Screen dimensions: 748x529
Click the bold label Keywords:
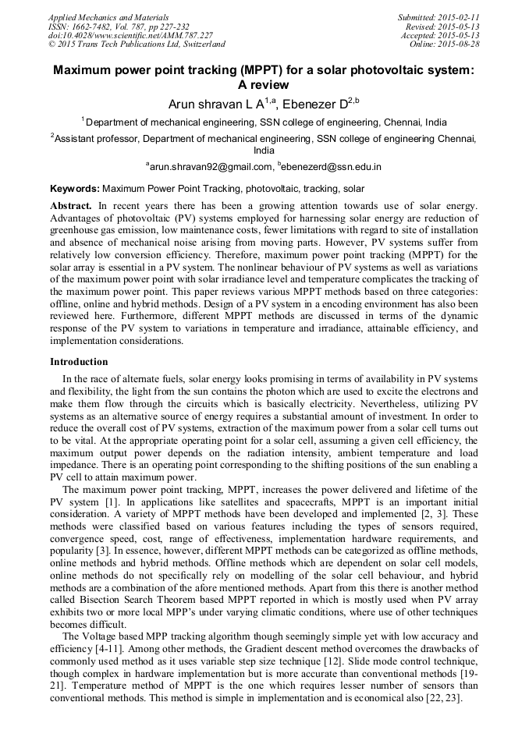(75, 189)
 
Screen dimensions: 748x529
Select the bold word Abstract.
(71, 204)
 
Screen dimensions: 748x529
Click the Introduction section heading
(79, 362)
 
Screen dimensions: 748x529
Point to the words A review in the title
(264, 85)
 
